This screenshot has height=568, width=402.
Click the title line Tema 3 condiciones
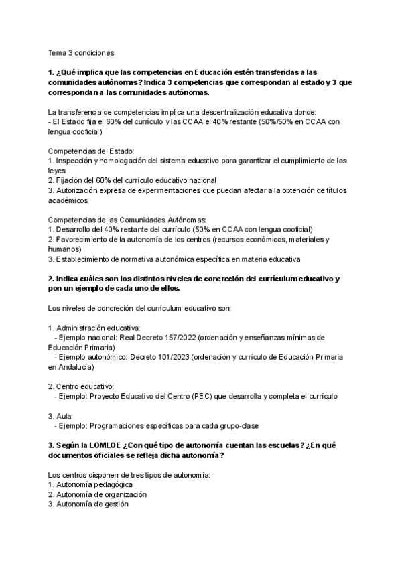81,52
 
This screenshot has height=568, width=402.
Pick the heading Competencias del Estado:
82,151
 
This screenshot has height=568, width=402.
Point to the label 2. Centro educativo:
81,386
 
